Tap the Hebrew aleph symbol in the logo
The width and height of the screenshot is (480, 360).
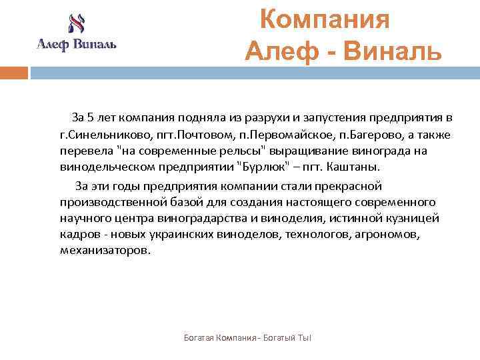click(76, 25)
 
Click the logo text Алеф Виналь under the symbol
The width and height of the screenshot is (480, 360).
click(76, 45)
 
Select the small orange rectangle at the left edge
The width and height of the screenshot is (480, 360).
click(13, 72)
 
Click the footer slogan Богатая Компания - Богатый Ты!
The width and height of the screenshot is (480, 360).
click(247, 339)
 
